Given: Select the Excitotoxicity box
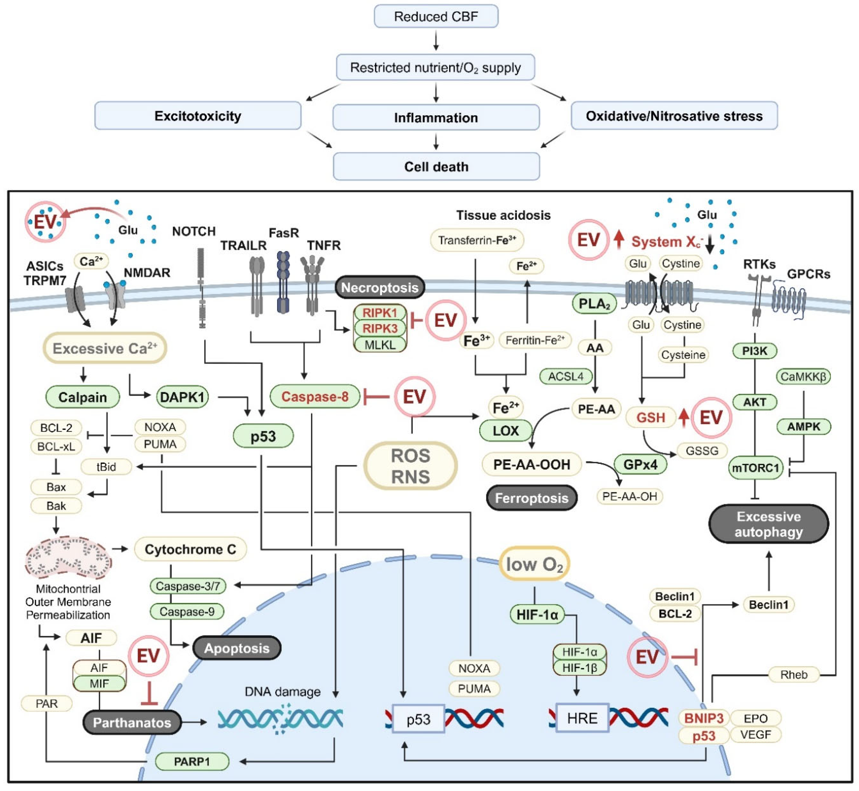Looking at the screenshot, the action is point(198,116).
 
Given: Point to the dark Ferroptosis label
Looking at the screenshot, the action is point(531,498).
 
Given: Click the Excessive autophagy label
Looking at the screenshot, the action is point(768,524).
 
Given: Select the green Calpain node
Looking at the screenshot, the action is point(83,397).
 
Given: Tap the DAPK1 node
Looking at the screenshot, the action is point(182,397).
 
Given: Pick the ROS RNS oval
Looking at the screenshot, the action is point(410,466).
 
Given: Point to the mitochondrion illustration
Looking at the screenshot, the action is point(68,557).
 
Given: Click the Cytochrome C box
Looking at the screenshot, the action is point(190,549).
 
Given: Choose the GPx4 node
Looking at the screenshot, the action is point(640,464).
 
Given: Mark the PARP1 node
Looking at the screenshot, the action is point(192,762).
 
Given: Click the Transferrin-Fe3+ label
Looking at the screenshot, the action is point(477,240).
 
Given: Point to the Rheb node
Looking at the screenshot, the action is point(794,675).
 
